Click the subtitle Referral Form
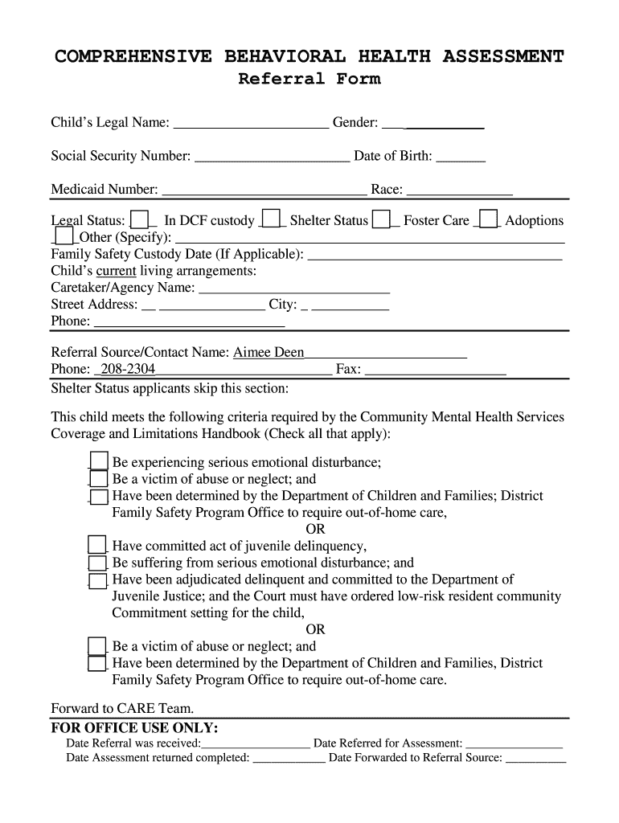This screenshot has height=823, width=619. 309,79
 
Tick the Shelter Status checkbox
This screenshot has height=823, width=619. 273,219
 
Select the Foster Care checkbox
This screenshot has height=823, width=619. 382,219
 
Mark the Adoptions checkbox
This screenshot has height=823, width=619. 488,219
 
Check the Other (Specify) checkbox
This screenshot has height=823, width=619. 64,236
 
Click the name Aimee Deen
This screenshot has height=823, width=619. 269,352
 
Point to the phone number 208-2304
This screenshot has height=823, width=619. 127,369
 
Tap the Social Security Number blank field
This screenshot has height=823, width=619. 273,158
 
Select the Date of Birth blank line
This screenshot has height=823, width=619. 461,158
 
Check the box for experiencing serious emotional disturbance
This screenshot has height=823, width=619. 98,461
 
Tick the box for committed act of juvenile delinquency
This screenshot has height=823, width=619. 97,545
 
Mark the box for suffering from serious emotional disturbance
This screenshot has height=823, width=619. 97,563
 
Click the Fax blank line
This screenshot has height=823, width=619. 435,371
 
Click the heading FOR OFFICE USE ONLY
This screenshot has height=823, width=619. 134,728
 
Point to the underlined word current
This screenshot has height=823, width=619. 116,271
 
